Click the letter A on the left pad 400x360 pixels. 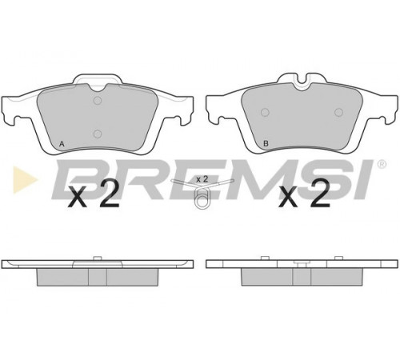coord(62,144)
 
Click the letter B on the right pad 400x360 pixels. coord(266,143)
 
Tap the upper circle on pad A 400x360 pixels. coord(98,101)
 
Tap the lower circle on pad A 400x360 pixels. coord(98,134)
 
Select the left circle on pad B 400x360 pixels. coord(265,113)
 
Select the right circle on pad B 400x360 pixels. coord(338,112)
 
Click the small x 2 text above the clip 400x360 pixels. coord(202,179)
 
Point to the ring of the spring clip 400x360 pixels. coord(202,199)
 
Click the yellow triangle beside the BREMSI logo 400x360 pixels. coord(25,180)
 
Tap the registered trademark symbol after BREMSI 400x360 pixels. coord(382,164)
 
